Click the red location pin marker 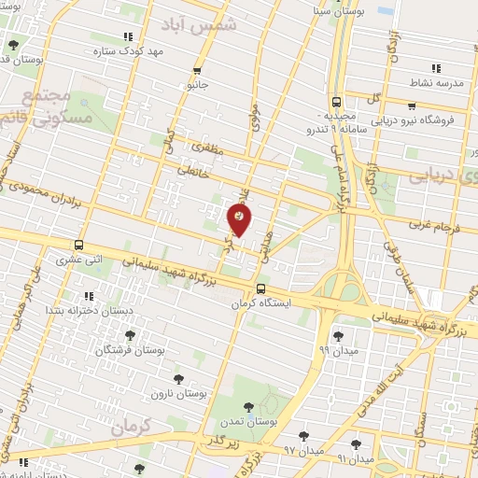point(239,220)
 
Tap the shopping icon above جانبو point(196,70)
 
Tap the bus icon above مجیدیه point(335,103)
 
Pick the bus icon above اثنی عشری point(79,240)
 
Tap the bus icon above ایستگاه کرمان point(262,288)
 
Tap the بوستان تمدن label point(247,421)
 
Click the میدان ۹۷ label point(302,451)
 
